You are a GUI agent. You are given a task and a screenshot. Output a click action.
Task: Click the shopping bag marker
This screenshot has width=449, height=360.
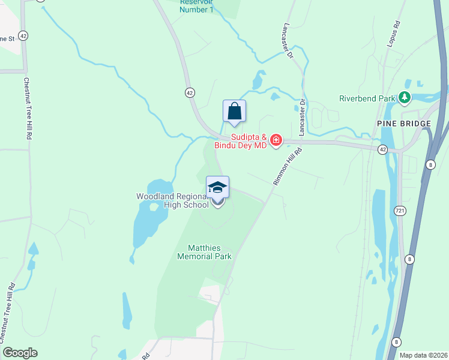[234, 112]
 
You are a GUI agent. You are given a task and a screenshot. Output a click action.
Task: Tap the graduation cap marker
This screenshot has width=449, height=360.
[217, 188]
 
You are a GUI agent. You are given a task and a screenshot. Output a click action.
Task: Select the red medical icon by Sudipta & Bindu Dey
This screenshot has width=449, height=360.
[276, 140]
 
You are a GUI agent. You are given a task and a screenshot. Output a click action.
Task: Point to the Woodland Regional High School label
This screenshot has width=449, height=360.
[173, 200]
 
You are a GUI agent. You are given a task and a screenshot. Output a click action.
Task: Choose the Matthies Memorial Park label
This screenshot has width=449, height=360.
[205, 251]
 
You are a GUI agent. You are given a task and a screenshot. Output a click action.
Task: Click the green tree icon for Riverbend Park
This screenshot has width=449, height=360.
[405, 97]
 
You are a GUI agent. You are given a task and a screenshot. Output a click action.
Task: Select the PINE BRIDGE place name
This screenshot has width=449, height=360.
[404, 124]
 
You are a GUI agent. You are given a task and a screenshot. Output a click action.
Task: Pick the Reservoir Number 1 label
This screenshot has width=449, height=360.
[197, 6]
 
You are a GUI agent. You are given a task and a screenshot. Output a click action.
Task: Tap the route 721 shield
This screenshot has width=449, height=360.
[400, 211]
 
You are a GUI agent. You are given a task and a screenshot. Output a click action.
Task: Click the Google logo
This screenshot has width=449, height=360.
[20, 353]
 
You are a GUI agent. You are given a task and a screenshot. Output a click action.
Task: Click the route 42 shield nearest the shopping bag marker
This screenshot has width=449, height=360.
[189, 92]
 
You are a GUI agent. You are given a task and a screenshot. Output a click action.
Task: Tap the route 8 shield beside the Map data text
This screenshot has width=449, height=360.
[396, 342]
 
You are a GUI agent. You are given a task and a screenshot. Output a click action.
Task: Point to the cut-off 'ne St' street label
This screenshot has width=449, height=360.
[7, 39]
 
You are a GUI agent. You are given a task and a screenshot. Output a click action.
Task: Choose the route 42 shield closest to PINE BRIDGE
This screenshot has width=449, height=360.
[382, 149]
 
